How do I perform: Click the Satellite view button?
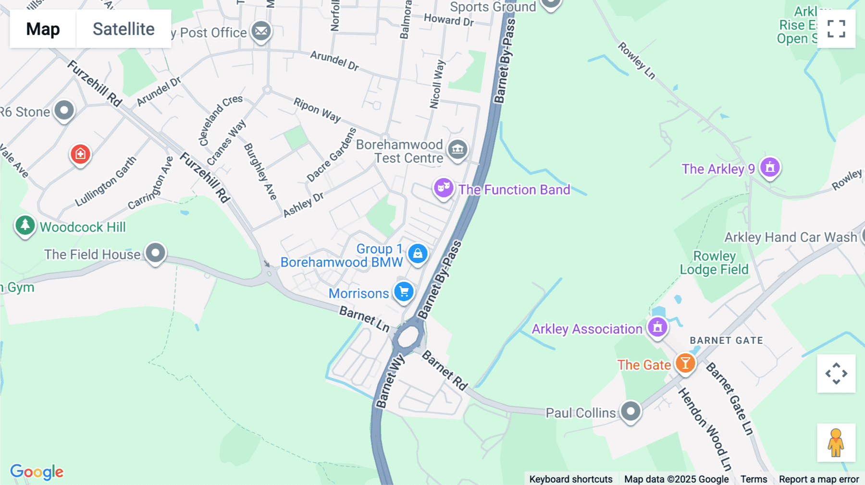(x=124, y=29)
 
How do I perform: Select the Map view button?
(x=43, y=29)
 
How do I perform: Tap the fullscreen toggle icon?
(x=836, y=29)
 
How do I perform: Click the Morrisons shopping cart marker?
(x=404, y=291)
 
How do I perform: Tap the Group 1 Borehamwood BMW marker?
(x=418, y=254)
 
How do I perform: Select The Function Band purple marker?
(x=443, y=188)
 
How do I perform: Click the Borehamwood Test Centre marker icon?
(x=457, y=149)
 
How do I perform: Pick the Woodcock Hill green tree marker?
(x=25, y=225)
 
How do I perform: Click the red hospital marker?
(x=80, y=154)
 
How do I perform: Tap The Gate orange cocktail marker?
(x=685, y=364)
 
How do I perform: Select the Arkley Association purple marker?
(x=657, y=327)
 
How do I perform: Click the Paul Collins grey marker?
(x=630, y=411)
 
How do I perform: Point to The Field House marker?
(x=155, y=253)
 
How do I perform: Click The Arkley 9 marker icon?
(x=770, y=168)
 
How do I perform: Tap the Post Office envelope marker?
(x=261, y=31)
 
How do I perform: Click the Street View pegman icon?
(x=836, y=443)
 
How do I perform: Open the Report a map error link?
(x=819, y=479)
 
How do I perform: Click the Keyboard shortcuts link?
(x=571, y=479)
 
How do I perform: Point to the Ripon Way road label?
(x=317, y=110)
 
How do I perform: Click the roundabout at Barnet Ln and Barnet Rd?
(x=408, y=337)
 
